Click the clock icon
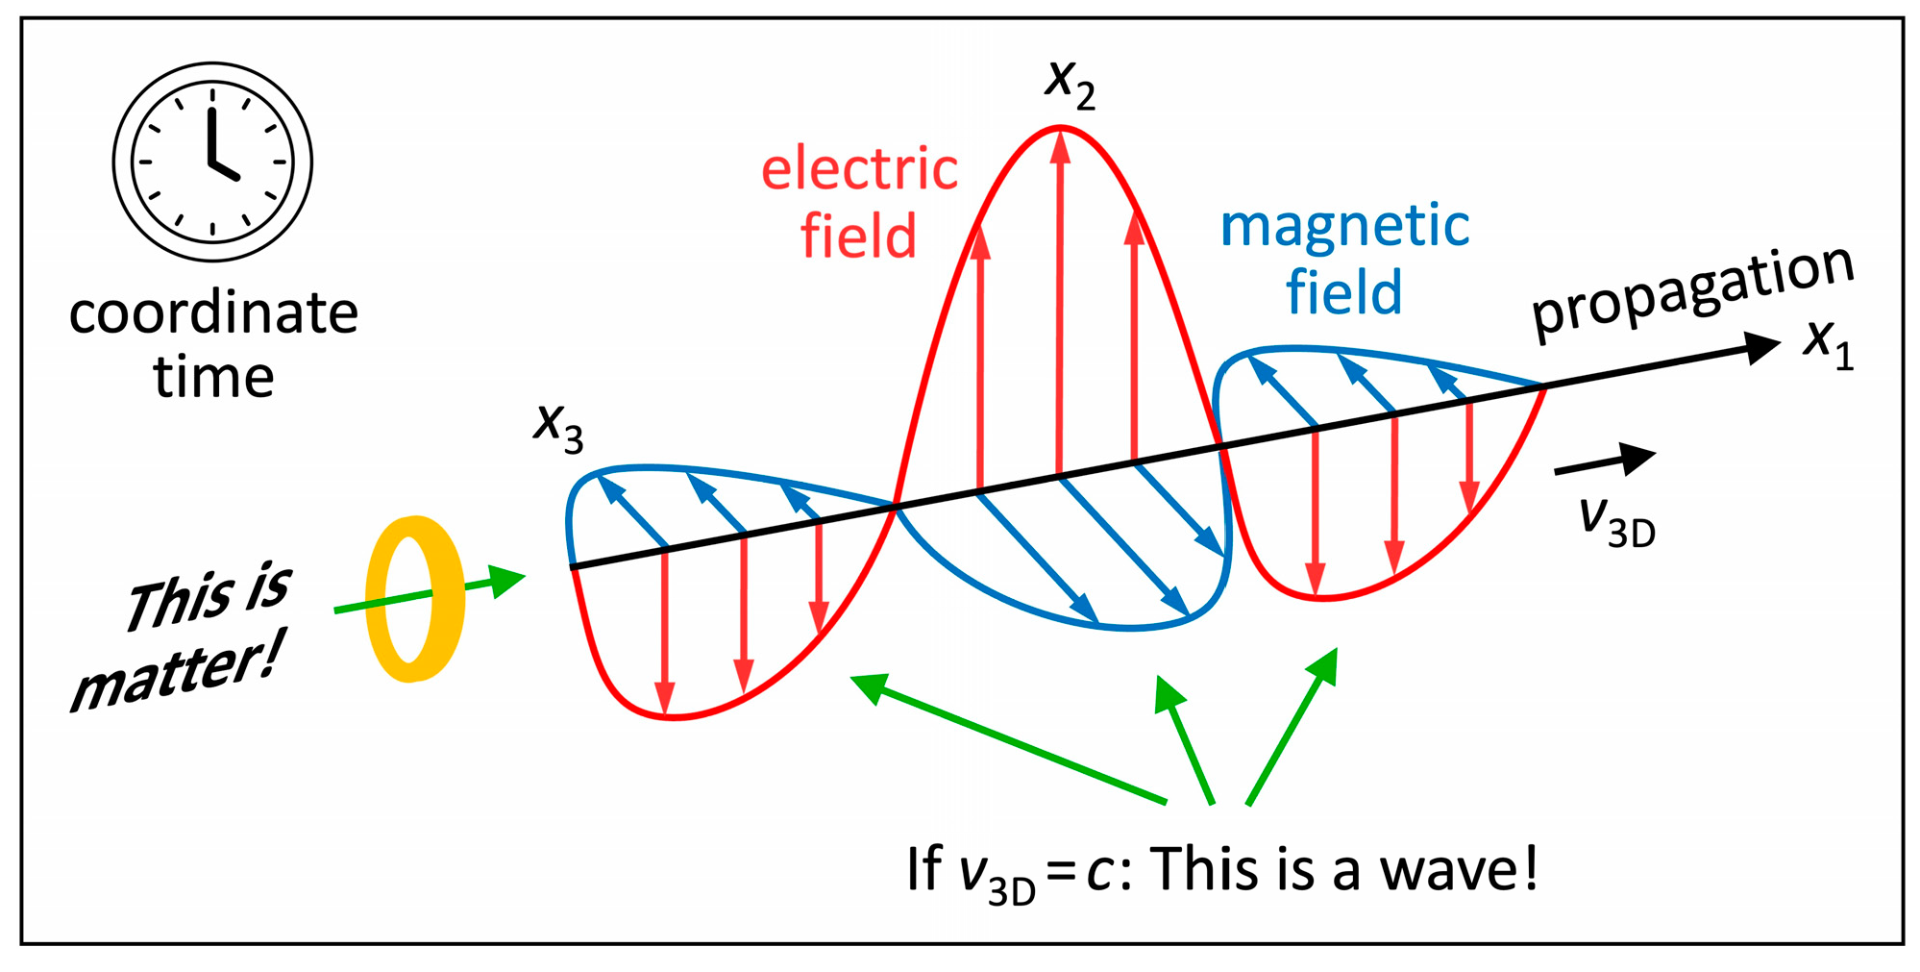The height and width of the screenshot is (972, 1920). point(212,162)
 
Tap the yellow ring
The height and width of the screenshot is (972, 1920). point(415,599)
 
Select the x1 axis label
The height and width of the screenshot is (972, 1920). point(1827,343)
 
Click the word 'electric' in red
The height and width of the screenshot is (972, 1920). point(859,170)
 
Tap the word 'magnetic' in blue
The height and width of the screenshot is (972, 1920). point(1344,227)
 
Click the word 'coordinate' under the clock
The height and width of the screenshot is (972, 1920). point(213,313)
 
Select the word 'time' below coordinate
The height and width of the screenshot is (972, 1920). point(213,377)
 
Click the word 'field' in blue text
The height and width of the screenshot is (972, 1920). point(1343,292)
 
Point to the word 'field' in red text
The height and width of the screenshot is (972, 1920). point(858,237)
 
